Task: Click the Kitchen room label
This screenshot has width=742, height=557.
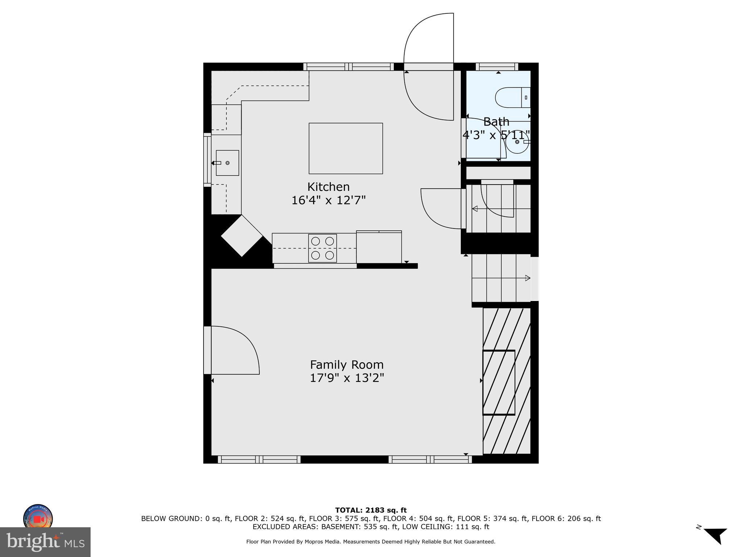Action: tap(328, 187)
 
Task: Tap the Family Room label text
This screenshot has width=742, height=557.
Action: tap(347, 364)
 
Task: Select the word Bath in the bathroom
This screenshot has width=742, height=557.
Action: tap(496, 121)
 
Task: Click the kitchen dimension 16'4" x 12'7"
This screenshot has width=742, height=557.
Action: tap(328, 200)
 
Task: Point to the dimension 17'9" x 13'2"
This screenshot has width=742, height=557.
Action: tap(347, 378)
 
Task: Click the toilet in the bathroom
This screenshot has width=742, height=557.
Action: tap(512, 98)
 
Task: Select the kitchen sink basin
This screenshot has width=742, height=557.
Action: tap(228, 163)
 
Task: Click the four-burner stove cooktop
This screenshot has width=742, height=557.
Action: tap(322, 248)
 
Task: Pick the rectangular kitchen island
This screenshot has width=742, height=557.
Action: tap(346, 148)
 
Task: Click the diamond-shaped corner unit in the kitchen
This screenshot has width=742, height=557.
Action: tap(242, 235)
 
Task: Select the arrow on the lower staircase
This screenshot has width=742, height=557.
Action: tap(528, 278)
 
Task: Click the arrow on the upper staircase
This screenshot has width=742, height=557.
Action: tap(475, 209)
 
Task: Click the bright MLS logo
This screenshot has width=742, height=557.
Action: tap(45, 542)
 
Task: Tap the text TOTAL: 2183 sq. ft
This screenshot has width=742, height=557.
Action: tap(371, 510)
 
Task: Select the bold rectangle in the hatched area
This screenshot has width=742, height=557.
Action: tap(499, 382)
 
